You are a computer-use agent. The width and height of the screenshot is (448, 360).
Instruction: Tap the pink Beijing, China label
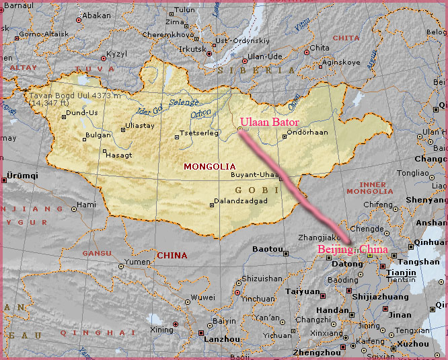tap(352, 250)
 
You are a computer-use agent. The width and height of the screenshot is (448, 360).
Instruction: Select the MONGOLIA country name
tap(210, 166)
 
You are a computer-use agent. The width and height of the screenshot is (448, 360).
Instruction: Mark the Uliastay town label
tap(141, 126)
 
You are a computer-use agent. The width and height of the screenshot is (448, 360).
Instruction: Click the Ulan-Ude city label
tap(264, 57)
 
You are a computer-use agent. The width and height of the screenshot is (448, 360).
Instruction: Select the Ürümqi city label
tap(22, 175)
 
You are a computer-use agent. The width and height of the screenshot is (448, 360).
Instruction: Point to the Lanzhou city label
tap(222, 340)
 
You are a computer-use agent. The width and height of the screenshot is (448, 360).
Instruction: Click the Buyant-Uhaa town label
tap(254, 174)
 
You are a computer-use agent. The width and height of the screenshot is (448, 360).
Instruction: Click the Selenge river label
tap(184, 102)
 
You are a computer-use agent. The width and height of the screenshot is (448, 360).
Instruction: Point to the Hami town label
tap(87, 205)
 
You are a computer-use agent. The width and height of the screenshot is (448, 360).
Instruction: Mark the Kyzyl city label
tap(116, 53)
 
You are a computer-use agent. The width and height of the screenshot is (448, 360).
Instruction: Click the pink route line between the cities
tap(296, 187)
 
